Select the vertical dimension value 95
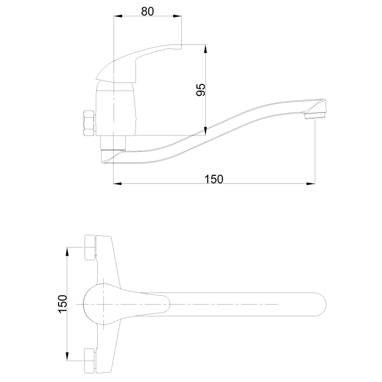coord(201,90)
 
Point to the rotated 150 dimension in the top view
coord(62,304)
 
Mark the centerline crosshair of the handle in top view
coord(104,304)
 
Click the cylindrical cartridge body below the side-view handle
coord(117,110)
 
